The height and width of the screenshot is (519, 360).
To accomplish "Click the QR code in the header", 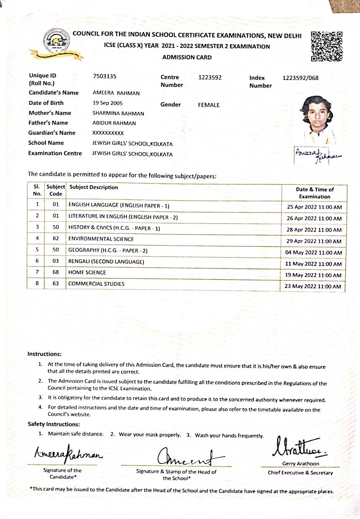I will tap(326, 46).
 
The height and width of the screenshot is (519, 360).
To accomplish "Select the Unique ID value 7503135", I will tap(104, 76).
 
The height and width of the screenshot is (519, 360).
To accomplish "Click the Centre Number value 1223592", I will tap(210, 77).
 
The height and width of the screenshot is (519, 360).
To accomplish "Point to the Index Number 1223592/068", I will tap(301, 78).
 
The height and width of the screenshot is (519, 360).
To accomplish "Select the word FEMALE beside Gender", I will tap(209, 105).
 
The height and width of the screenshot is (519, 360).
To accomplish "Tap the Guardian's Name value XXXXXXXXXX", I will tap(108, 133).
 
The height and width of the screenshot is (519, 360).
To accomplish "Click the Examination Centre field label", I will tap(55, 153).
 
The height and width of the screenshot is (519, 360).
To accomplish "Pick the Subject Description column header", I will tap(93, 187).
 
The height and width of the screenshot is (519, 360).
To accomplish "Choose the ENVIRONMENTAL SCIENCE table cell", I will tap(101, 239).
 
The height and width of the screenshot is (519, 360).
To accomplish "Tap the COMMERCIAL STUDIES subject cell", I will tap(96, 284).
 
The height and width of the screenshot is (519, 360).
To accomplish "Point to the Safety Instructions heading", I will tap(54, 424).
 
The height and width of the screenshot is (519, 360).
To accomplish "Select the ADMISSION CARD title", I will tap(187, 57).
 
